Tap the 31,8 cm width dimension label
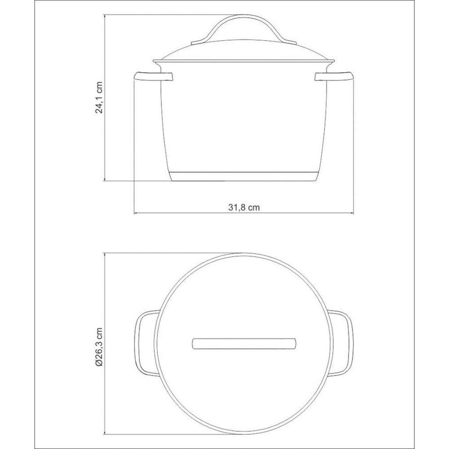(244, 207)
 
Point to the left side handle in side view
(153, 77)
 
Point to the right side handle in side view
(335, 77)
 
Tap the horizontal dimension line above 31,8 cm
(244, 213)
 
